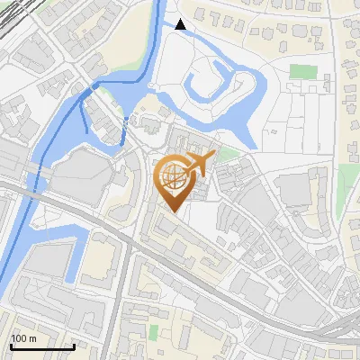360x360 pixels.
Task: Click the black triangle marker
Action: click(181, 24)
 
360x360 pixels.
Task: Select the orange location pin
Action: click(176, 181)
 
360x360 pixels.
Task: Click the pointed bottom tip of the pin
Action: click(171, 211)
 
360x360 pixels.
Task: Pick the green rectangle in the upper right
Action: click(303, 71)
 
